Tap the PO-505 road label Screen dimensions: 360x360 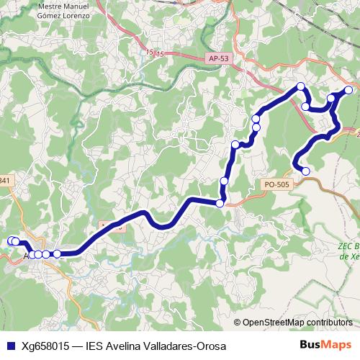pyautogui.click(x=276, y=185)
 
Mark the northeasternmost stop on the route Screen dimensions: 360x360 pyautogui.click(x=348, y=90)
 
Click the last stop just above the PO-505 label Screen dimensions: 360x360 pyautogui.click(x=305, y=171)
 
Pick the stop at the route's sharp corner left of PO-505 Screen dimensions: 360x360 pyautogui.click(x=220, y=204)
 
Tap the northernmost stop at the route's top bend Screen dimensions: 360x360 pyautogui.click(x=301, y=87)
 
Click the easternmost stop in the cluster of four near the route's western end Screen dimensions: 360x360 pyautogui.click(x=57, y=253)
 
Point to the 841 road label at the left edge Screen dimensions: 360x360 pyautogui.click(x=5, y=180)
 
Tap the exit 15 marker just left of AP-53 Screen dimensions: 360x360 pyautogui.click(x=150, y=53)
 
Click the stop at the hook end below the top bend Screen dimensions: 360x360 pyautogui.click(x=305, y=107)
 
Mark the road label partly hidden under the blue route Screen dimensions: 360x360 pyautogui.click(x=112, y=227)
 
